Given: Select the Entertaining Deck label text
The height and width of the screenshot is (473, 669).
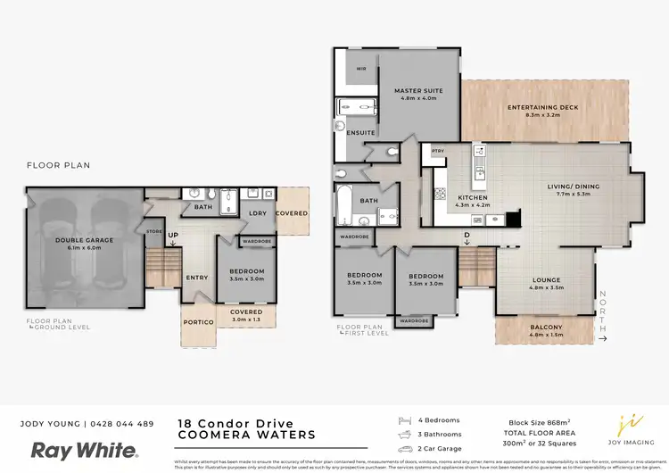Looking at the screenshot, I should tap(542, 108).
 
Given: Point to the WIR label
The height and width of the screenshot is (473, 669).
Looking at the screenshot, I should tap(361, 68).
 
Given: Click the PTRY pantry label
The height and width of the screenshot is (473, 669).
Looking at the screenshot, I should tap(437, 151).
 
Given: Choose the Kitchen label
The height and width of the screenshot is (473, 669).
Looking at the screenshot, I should tap(472, 197).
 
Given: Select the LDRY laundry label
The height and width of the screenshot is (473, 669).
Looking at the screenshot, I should tap(258, 213).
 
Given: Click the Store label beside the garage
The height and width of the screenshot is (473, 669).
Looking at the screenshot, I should tap(154, 232).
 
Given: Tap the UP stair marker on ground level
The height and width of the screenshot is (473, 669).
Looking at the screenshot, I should tap(172, 236).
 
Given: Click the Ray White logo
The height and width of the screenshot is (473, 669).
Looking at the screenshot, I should tap(85, 451).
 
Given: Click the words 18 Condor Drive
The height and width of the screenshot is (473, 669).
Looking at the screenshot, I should tap(223, 423).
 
